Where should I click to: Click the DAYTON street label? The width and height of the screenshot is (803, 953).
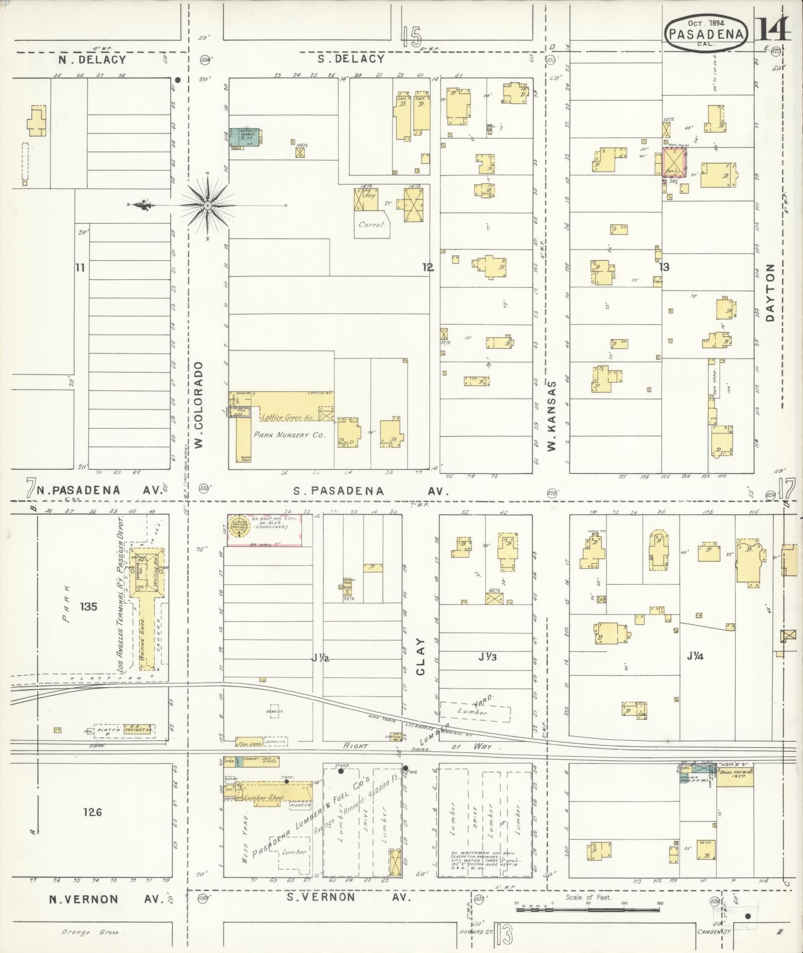(x=771, y=292)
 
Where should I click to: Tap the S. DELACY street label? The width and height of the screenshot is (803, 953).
(x=351, y=59)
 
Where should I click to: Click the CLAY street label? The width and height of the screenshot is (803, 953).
(x=421, y=657)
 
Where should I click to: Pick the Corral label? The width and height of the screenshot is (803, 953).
(x=372, y=224)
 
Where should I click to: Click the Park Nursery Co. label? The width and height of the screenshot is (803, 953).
(x=289, y=434)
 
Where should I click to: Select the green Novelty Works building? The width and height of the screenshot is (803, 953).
(x=245, y=138)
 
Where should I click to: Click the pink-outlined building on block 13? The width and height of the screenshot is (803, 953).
(x=675, y=162)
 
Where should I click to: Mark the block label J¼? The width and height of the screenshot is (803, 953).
(x=694, y=657)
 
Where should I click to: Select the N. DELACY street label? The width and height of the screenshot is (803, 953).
(x=92, y=59)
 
